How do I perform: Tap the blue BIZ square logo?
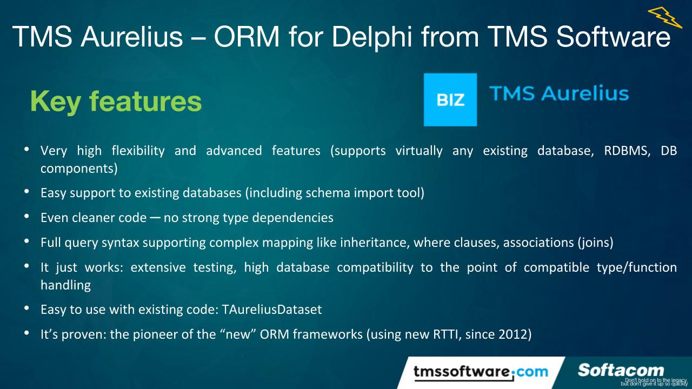tap(450, 99)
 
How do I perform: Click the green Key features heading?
tap(116, 101)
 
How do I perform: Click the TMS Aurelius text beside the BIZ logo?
tap(559, 93)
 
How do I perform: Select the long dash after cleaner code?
tap(155, 218)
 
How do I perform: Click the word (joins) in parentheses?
tap(595, 243)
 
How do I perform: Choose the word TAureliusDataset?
tap(272, 310)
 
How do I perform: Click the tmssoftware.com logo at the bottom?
tap(480, 372)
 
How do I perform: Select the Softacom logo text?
tap(621, 370)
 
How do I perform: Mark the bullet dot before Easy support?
tap(26, 191)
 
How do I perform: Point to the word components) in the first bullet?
tap(79, 168)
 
